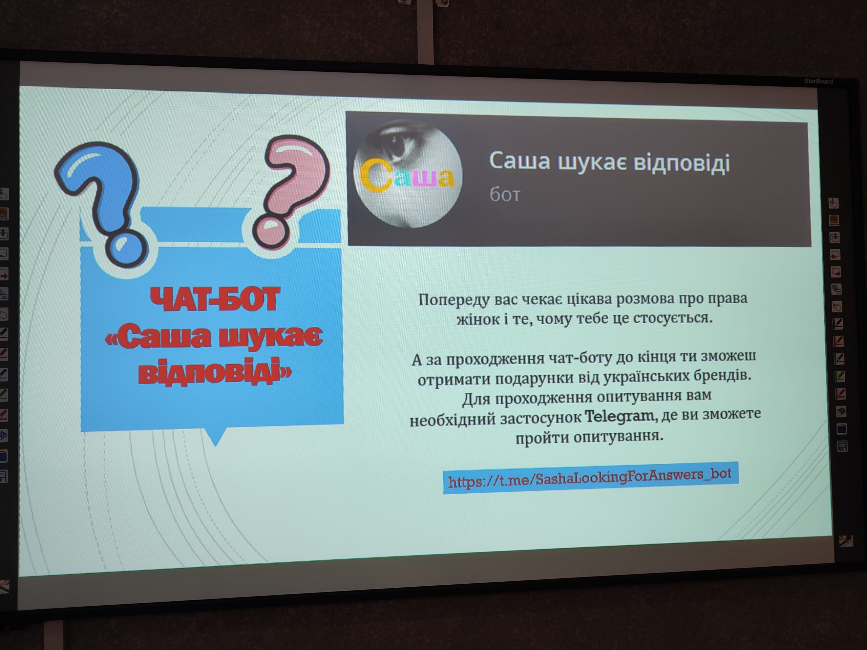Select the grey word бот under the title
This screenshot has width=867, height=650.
point(504,194)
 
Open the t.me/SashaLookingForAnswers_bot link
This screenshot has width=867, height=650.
point(590,478)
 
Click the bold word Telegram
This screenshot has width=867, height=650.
point(621,416)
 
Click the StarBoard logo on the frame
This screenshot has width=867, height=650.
point(818,82)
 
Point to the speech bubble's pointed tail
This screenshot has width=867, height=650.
point(216,438)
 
